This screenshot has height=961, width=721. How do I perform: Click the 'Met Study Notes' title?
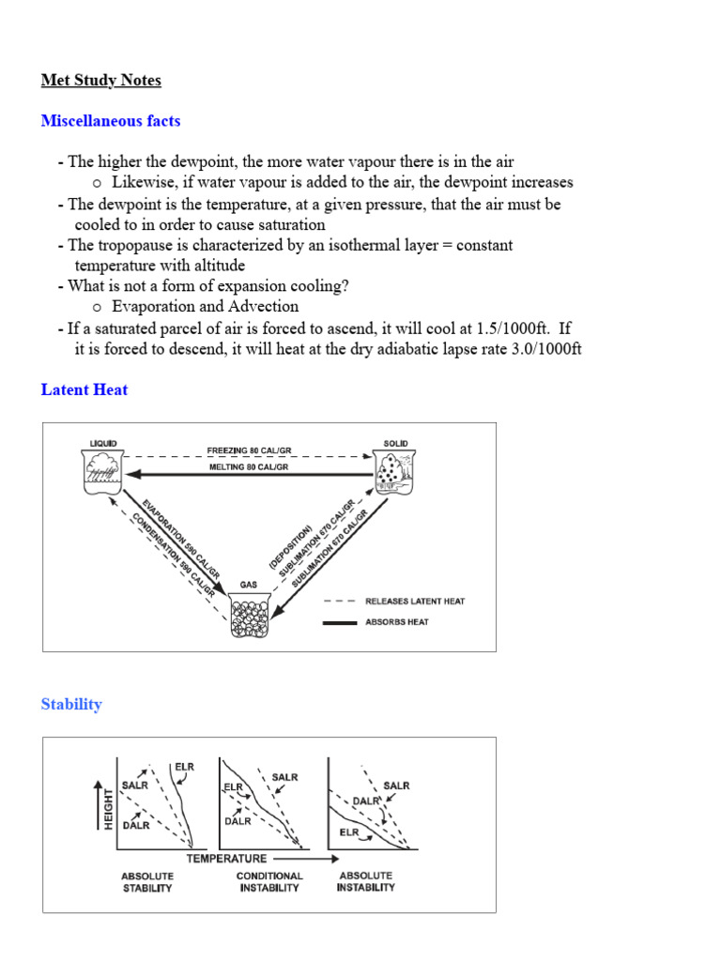[100, 81]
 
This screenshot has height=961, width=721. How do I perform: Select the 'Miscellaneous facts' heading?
[111, 121]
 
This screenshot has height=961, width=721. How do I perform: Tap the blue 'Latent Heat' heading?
[84, 389]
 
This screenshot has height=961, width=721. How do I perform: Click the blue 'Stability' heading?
[71, 704]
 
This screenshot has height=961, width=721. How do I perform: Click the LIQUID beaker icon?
[100, 472]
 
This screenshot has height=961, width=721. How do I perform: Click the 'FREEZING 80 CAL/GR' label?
[248, 450]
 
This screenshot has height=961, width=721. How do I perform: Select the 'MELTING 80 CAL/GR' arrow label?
[248, 466]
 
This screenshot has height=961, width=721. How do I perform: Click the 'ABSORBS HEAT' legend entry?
[396, 622]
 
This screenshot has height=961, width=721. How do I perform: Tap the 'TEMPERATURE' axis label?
[226, 858]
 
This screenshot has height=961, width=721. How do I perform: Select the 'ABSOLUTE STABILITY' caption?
[146, 882]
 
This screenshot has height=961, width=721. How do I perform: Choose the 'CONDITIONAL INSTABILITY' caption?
[269, 882]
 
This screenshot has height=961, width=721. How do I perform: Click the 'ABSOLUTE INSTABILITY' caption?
[366, 881]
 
